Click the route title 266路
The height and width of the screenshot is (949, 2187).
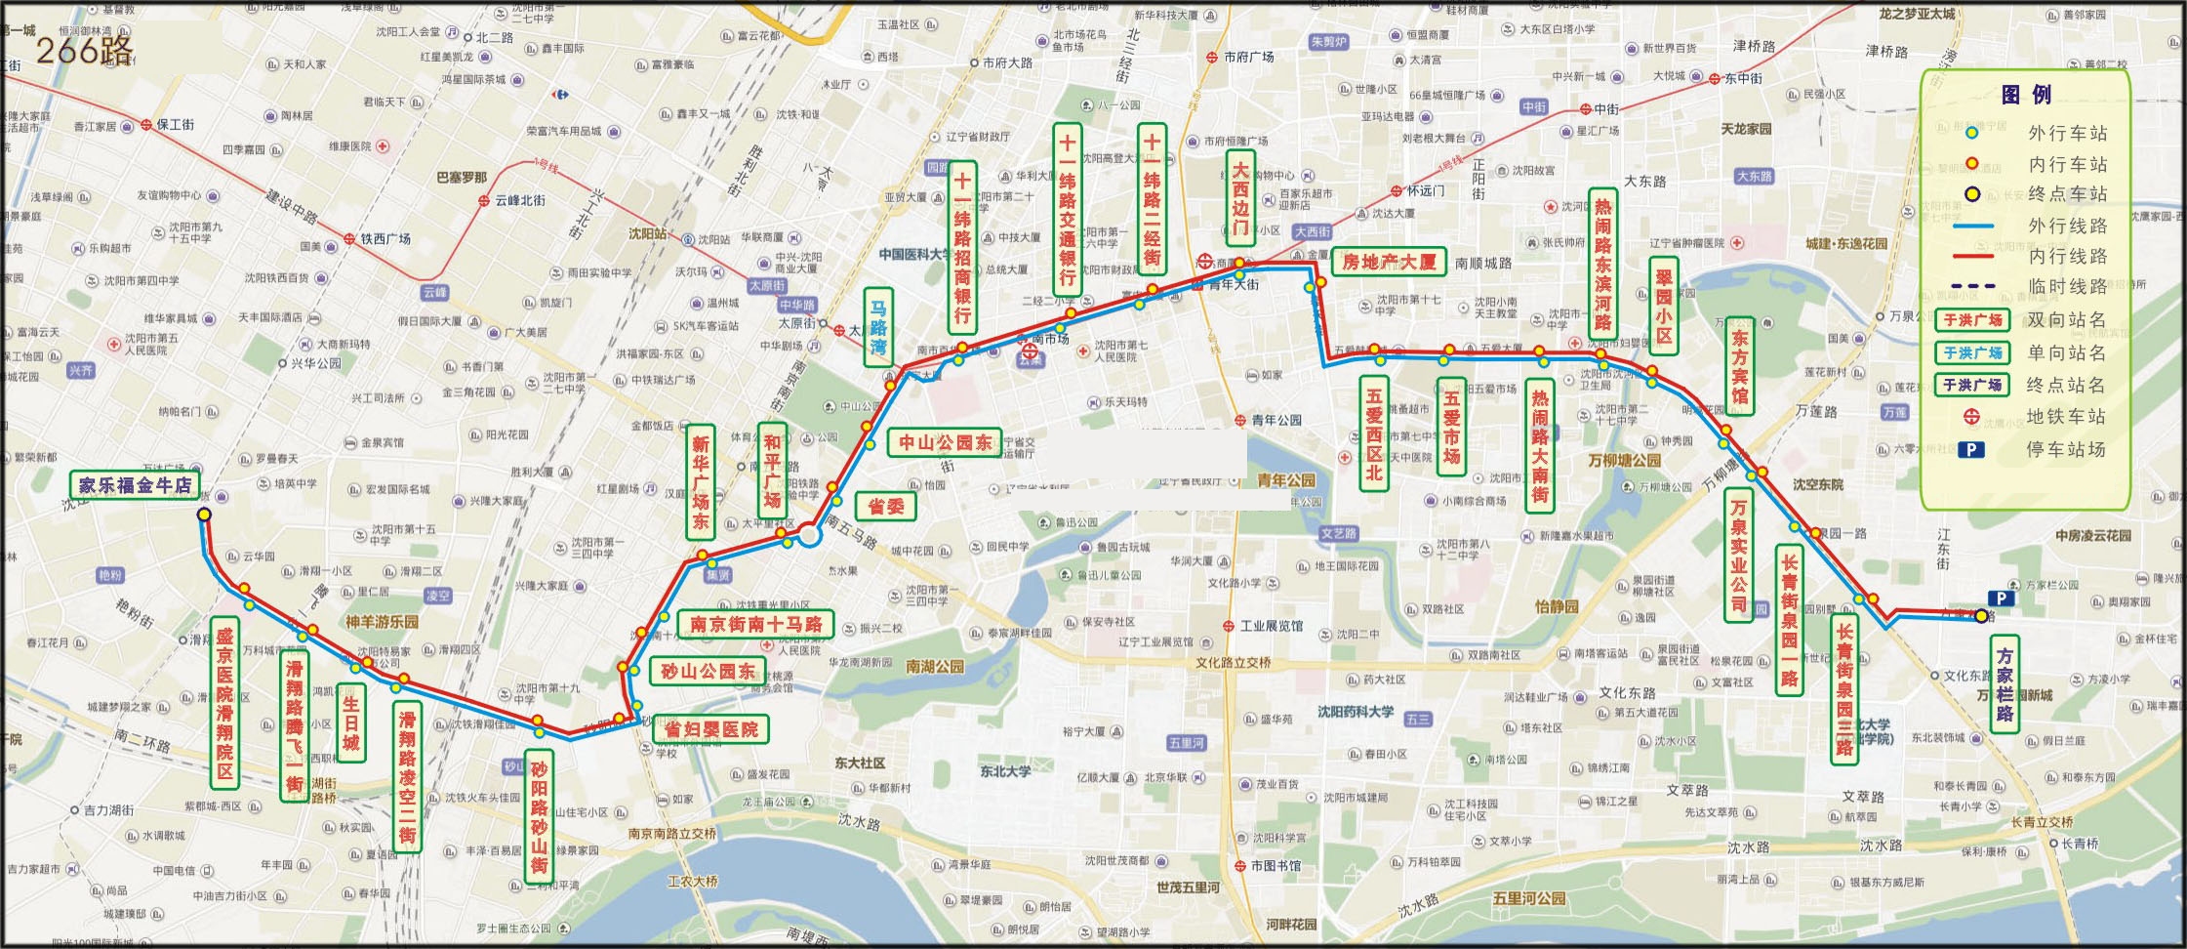click(84, 49)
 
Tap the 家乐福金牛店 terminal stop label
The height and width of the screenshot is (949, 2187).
click(135, 485)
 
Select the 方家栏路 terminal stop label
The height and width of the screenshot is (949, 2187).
click(2005, 684)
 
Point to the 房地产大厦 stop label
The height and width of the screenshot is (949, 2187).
click(1389, 261)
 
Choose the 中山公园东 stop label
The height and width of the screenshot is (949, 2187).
click(944, 442)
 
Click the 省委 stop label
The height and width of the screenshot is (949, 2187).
click(885, 505)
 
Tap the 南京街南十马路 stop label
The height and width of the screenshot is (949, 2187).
click(755, 623)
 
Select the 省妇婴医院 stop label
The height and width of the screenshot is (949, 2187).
click(710, 729)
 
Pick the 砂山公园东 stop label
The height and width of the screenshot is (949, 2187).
click(708, 671)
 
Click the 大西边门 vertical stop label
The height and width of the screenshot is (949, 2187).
click(1239, 199)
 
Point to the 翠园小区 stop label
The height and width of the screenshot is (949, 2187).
click(1663, 306)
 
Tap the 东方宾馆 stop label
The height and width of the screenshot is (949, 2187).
click(1738, 366)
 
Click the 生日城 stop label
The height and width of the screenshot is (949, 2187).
click(350, 723)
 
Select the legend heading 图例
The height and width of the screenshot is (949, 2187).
click(2026, 95)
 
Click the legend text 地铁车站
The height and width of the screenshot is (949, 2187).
click(2065, 417)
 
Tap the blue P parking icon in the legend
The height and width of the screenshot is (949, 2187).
click(1971, 449)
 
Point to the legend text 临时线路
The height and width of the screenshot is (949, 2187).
click(2066, 286)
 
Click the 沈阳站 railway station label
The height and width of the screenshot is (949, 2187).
click(647, 234)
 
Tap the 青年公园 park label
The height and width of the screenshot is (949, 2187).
click(1286, 480)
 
